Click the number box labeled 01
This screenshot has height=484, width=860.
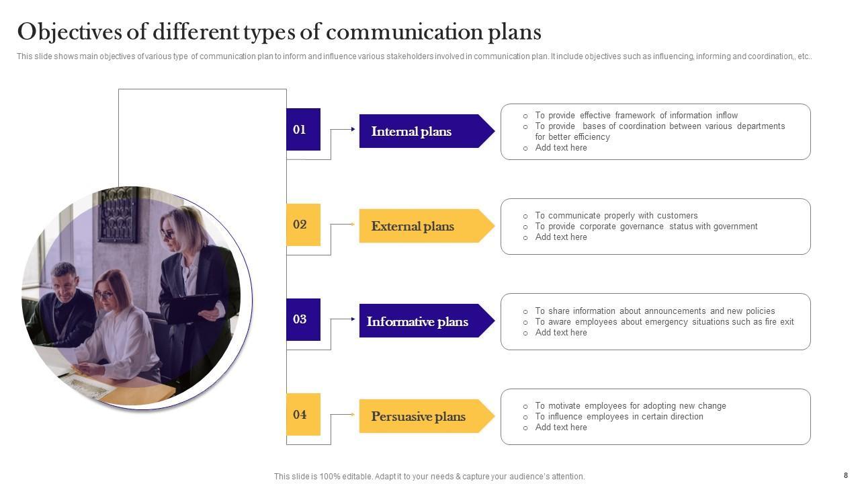tap(303, 129)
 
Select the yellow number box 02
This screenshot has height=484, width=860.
tap(303, 225)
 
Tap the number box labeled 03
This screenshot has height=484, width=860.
tap(303, 319)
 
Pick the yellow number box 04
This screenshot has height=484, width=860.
tap(303, 415)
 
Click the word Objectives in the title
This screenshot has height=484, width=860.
tap(75, 32)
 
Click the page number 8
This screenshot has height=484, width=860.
tap(845, 475)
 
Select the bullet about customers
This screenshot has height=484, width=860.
tap(616, 216)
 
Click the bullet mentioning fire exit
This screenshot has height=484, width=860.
tap(664, 322)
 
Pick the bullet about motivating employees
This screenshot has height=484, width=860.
tap(630, 406)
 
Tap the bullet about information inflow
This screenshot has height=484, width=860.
tap(636, 116)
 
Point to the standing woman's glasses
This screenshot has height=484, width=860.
tap(168, 234)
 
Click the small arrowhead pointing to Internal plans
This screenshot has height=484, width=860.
tap(353, 129)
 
